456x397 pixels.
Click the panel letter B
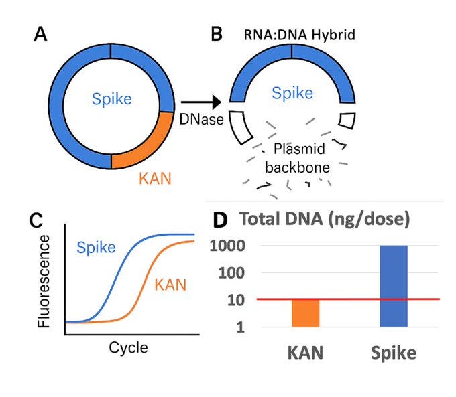(217, 33)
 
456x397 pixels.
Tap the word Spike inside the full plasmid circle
(111, 101)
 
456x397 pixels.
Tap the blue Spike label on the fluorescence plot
(96, 247)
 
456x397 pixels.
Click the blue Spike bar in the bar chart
(392, 286)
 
